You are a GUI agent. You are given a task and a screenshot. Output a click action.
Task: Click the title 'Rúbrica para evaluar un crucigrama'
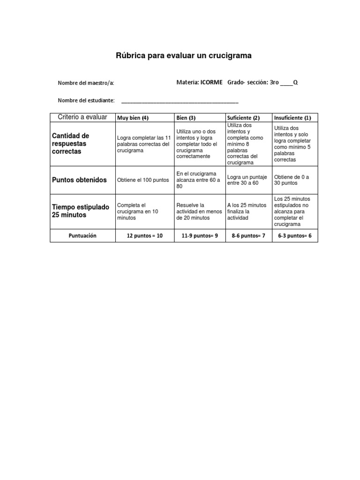tap(184, 56)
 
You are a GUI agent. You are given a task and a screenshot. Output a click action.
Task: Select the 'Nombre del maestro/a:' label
tap(86, 83)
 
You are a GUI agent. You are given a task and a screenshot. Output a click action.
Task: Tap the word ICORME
tap(211, 82)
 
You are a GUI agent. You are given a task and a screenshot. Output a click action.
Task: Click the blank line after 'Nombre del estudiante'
tap(180, 101)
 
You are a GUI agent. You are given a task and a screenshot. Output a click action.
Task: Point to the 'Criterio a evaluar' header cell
tap(82, 117)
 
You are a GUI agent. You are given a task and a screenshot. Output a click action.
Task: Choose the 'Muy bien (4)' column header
tap(133, 118)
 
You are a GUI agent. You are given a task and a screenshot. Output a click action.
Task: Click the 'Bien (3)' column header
tap(186, 118)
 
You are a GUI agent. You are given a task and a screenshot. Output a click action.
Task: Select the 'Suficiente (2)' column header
tap(243, 118)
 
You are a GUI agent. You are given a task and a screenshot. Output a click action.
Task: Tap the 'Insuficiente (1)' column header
tap(292, 118)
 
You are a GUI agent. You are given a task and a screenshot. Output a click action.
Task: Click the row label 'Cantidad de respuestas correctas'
tap(70, 144)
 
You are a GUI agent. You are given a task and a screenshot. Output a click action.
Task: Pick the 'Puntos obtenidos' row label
tap(79, 180)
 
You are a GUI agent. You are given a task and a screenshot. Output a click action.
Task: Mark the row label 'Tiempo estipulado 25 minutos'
tap(80, 211)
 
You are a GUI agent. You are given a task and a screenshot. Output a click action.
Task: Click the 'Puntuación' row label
tap(82, 236)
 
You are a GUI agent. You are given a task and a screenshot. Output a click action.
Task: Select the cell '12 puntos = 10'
tap(145, 236)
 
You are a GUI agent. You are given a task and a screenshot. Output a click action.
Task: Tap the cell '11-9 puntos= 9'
tap(200, 236)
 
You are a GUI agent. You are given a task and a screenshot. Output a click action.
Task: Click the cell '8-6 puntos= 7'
tap(248, 236)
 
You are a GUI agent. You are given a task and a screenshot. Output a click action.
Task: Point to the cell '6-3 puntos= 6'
tap(295, 236)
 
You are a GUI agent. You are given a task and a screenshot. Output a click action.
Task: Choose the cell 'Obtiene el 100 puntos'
tap(143, 180)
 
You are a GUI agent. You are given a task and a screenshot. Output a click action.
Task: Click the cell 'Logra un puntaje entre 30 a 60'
tap(247, 180)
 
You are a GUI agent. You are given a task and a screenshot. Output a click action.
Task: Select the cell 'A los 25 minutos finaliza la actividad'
tap(247, 211)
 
